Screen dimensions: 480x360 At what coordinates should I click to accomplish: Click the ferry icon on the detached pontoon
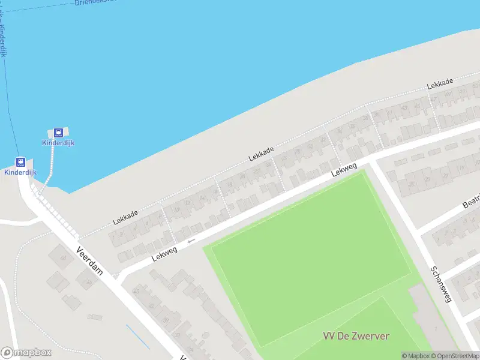pyautogui.click(x=58, y=132)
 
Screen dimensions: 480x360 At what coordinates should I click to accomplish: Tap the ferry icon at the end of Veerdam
pyautogui.click(x=20, y=162)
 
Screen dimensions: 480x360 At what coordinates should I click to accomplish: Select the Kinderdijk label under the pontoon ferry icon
pyautogui.click(x=58, y=143)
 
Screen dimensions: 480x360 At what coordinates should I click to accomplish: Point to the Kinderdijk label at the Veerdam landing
pyautogui.click(x=20, y=172)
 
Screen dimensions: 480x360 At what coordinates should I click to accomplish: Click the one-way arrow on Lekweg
pyautogui.click(x=191, y=241)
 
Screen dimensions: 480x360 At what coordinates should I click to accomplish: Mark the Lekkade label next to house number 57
pyautogui.click(x=440, y=83)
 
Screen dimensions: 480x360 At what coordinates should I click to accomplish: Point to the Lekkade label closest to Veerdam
pyautogui.click(x=125, y=217)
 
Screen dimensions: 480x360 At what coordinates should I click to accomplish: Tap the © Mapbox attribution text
pyautogui.click(x=416, y=356)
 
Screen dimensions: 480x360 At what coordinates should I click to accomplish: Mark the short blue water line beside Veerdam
pyautogui.click(x=137, y=337)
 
